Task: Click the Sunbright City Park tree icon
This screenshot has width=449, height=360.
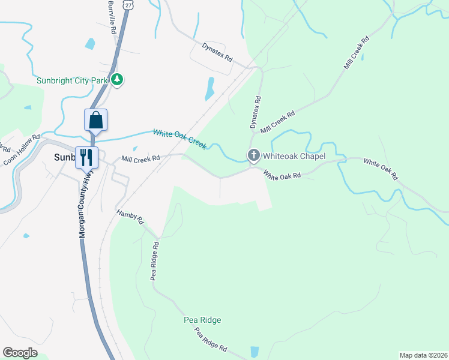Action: [x=118, y=80]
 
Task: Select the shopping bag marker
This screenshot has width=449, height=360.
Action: [x=96, y=120]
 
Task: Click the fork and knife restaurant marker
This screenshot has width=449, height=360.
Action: [x=86, y=157]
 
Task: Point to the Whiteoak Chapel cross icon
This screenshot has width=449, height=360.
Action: [x=253, y=156]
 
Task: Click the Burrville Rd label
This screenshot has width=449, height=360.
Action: [x=112, y=16]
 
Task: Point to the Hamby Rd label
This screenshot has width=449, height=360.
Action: [x=130, y=217]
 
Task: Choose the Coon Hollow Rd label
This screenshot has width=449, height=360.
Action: [x=21, y=149]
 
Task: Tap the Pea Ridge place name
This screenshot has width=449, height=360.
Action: [x=202, y=320]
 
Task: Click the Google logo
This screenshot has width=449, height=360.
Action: [x=20, y=353]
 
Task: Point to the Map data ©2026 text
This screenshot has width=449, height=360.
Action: [x=423, y=355]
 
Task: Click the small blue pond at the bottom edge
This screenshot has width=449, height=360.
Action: [x=254, y=352]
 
